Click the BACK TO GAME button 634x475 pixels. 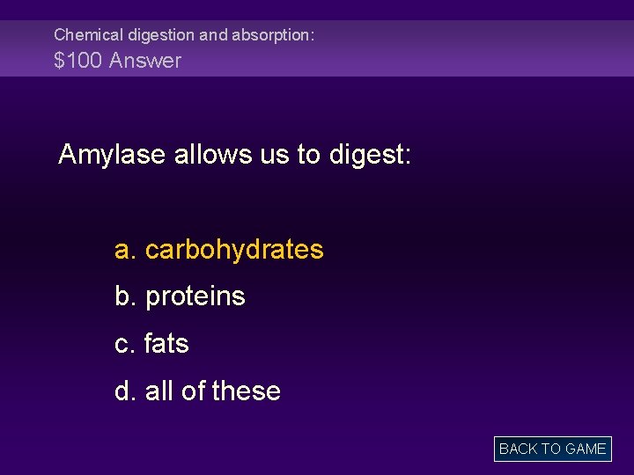coord(552,449)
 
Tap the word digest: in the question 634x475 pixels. coord(370,156)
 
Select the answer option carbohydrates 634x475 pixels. coord(234,250)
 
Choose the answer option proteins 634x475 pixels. coord(195,296)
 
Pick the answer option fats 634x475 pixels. coord(166,343)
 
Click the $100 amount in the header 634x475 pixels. coord(77,61)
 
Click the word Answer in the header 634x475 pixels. coord(145,61)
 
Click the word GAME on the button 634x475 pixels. coord(586,449)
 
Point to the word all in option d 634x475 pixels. coord(158,391)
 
